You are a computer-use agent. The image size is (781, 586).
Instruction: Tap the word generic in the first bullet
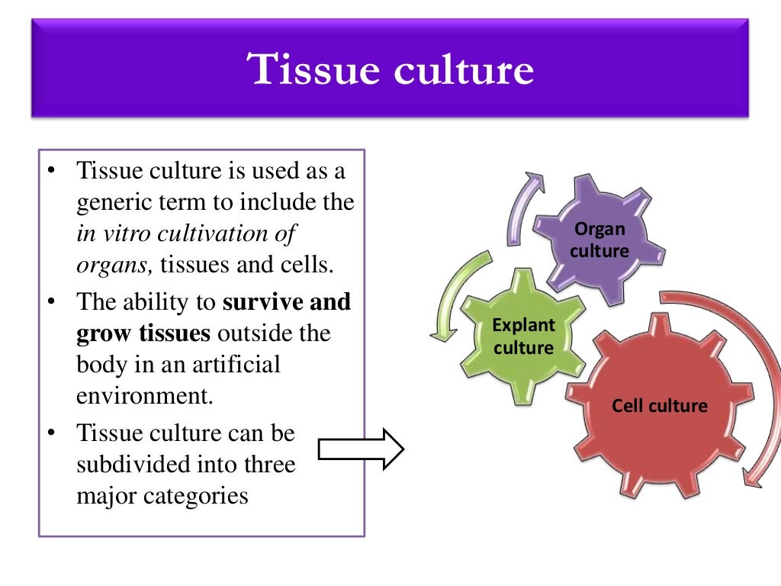[119, 203]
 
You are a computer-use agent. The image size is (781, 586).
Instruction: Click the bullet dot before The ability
[51, 302]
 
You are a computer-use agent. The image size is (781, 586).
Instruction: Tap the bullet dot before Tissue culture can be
[51, 433]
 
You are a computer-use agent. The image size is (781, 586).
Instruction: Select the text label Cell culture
[659, 405]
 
